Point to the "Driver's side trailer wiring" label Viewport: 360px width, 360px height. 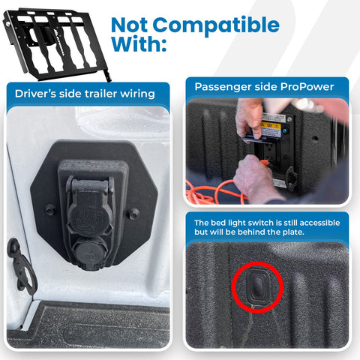coord(85,94)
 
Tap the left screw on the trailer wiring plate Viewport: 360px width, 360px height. coord(49,209)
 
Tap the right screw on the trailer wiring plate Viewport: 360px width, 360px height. coord(133,214)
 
